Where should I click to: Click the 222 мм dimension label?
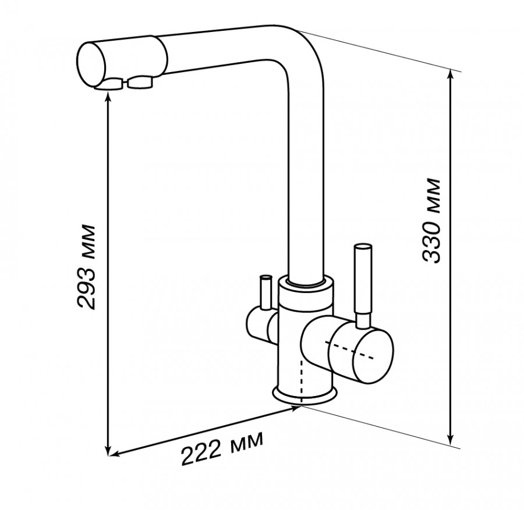click(222, 448)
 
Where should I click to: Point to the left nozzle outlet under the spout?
click(109, 84)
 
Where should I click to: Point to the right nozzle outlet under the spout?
click(140, 83)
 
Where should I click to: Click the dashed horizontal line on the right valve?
click(349, 351)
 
